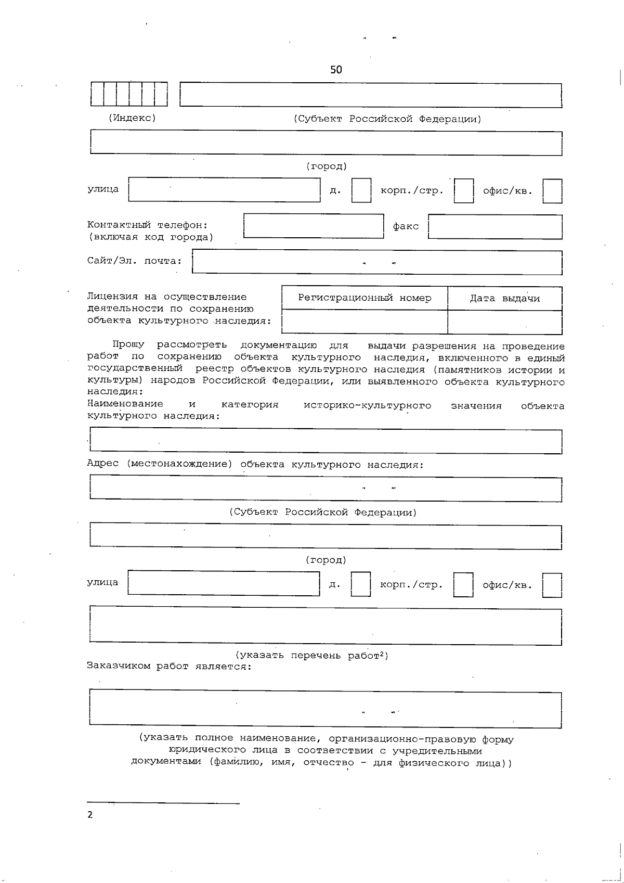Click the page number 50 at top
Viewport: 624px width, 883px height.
tap(336, 70)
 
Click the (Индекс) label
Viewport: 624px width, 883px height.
tap(132, 118)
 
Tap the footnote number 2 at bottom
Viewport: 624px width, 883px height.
tap(90, 815)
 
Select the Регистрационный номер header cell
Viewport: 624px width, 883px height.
tap(364, 298)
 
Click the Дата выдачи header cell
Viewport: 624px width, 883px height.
tap(504, 299)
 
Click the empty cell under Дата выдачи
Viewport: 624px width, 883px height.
tap(504, 322)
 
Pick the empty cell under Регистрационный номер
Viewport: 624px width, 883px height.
tap(364, 322)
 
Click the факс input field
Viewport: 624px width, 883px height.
tap(495, 227)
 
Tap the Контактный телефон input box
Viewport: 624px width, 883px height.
tap(314, 226)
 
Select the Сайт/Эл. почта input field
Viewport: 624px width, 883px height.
tap(377, 262)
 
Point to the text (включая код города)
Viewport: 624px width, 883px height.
tap(150, 237)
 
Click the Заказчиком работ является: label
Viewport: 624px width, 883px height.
tap(169, 667)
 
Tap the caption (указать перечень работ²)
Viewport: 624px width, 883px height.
tap(312, 656)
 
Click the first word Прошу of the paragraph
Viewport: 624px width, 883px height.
tap(128, 345)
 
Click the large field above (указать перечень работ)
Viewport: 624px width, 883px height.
tap(326, 626)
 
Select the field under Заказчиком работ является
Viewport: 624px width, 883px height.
tap(326, 709)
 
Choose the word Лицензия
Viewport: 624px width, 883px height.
tap(112, 297)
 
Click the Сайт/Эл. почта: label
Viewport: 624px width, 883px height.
tap(134, 261)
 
